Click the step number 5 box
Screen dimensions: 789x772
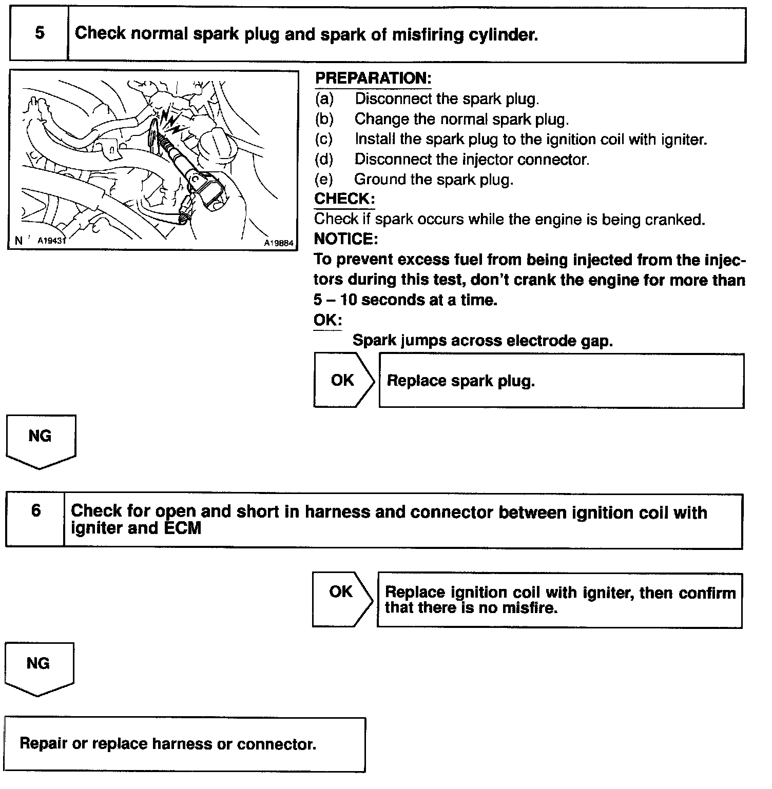[x=39, y=34]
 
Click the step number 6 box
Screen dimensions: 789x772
[x=35, y=520]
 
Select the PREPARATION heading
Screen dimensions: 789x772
[x=373, y=78]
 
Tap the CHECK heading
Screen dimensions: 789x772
[x=344, y=199]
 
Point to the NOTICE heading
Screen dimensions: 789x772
[x=346, y=239]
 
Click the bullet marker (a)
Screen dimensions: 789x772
[x=324, y=98]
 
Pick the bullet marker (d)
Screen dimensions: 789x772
[x=324, y=159]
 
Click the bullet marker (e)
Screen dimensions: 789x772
[x=324, y=180]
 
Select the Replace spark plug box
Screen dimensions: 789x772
[x=561, y=381]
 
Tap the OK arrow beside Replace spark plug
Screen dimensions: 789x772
[x=343, y=381]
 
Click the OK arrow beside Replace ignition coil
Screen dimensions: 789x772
[x=341, y=599]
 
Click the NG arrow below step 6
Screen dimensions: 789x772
[x=39, y=668]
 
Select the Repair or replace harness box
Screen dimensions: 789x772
[x=185, y=744]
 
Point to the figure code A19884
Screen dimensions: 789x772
[x=279, y=243]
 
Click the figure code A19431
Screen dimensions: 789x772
[x=52, y=240]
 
